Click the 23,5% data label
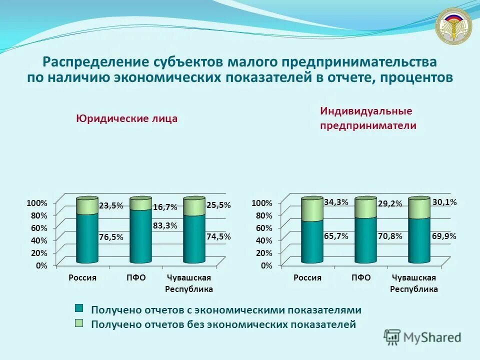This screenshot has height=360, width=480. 111,205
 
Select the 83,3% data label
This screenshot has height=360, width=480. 165,225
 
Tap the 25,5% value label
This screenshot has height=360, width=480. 218,205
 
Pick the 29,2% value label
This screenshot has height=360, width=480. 390,204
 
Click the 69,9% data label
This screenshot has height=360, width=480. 444,235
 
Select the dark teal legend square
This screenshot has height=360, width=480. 79,308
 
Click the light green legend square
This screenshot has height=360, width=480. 79,323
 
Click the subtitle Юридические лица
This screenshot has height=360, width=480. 126,119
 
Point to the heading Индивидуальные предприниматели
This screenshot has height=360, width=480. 368,118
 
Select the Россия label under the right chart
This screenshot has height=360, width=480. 307,277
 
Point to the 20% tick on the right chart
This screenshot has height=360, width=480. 262,253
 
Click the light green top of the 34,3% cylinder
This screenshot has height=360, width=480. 312,209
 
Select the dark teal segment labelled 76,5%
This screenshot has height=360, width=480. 87,237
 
